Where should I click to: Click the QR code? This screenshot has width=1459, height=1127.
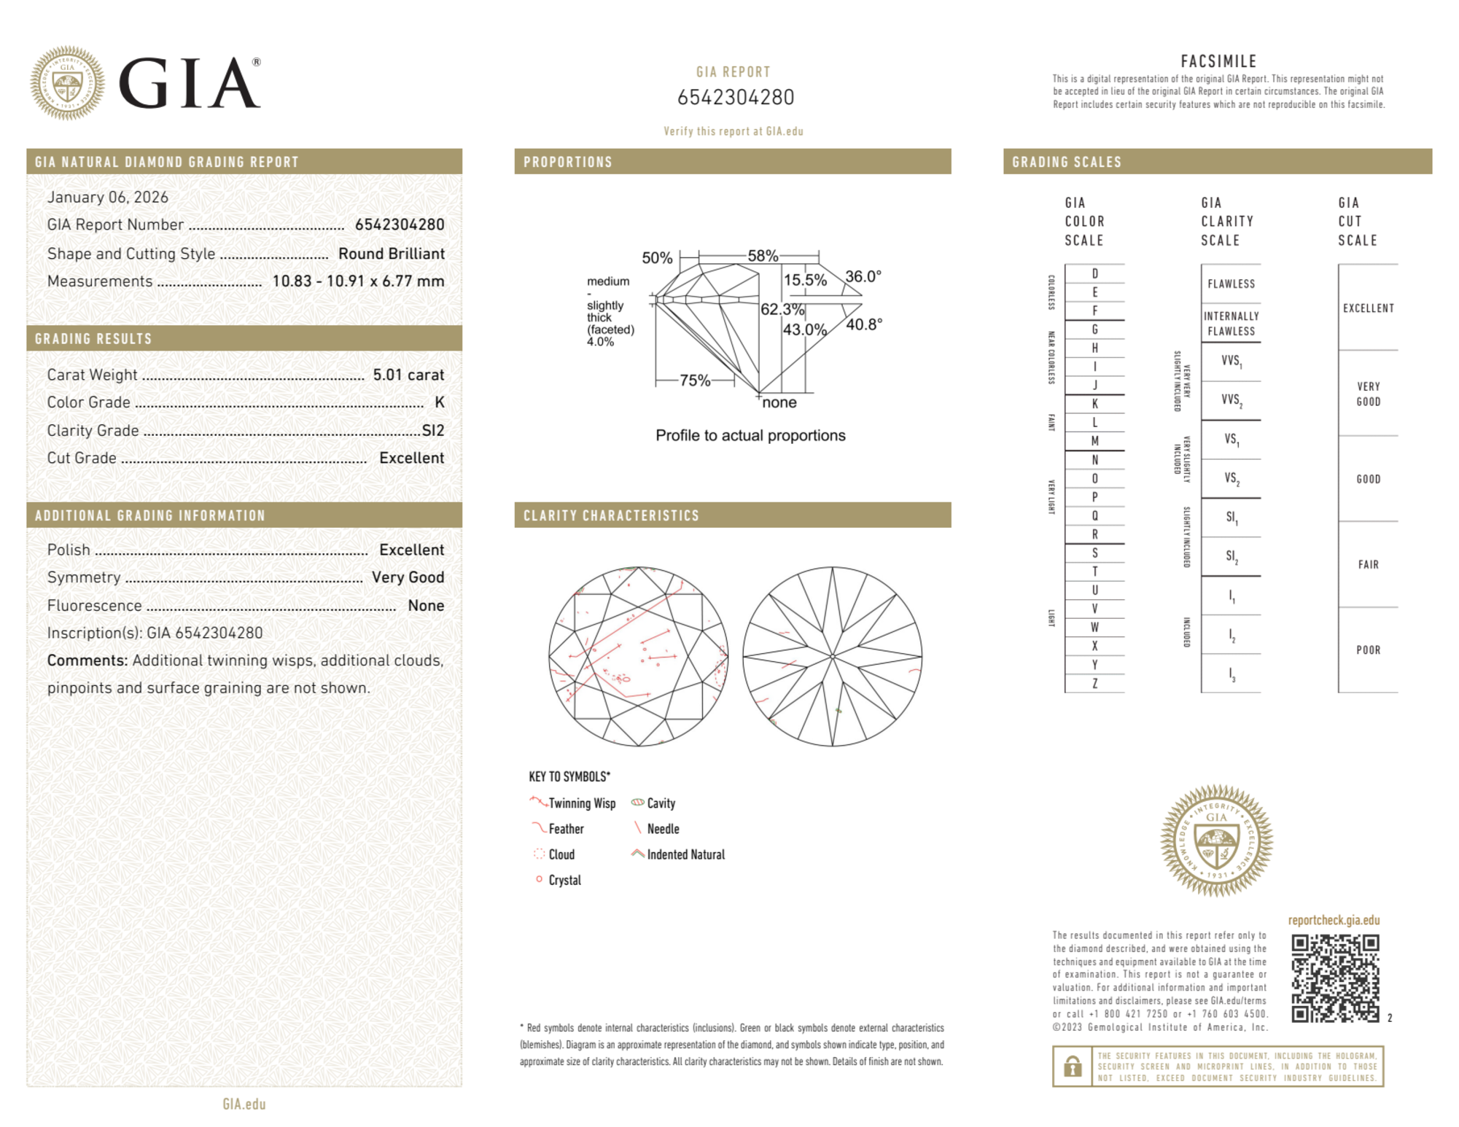[x=1334, y=978]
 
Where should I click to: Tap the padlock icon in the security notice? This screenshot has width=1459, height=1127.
[x=1072, y=1066]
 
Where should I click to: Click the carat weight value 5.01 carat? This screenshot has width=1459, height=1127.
[x=408, y=375]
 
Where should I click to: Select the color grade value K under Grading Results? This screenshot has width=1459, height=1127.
[x=439, y=402]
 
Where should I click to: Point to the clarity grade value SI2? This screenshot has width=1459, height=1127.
[x=433, y=430]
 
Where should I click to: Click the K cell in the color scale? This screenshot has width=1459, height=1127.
[x=1094, y=404]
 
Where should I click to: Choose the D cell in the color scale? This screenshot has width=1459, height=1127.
[x=1094, y=274]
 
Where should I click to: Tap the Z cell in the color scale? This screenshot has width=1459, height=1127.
[x=1094, y=683]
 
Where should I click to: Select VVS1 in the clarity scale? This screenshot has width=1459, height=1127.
[x=1231, y=361]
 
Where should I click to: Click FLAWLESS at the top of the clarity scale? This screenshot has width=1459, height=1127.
[x=1231, y=284]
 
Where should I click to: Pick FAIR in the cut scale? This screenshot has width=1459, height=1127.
[x=1368, y=564]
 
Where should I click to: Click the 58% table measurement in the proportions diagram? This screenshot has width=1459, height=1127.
[x=763, y=256]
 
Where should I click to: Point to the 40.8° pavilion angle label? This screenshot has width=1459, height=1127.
[x=864, y=324]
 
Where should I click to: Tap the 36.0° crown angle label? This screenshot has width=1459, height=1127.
[x=863, y=276]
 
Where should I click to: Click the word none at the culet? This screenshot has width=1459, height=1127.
[x=779, y=402]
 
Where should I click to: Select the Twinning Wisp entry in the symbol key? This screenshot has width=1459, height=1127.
[x=581, y=803]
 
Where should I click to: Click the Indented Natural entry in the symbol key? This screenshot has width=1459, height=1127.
[x=685, y=854]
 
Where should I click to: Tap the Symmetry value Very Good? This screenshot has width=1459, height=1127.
[x=408, y=577]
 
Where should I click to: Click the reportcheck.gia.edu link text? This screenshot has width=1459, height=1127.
[x=1334, y=920]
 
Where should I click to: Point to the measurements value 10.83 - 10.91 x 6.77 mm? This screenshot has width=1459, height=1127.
[x=358, y=281]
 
